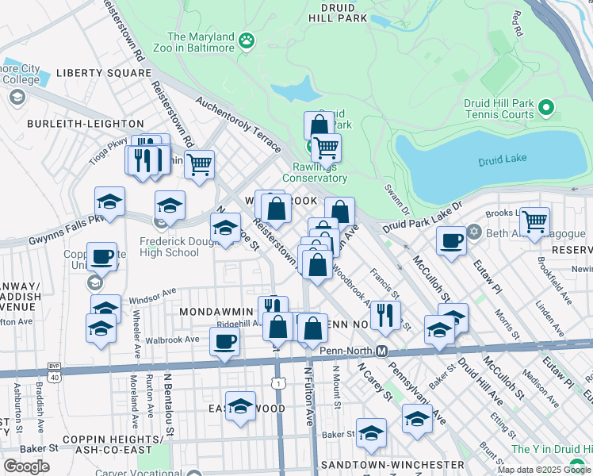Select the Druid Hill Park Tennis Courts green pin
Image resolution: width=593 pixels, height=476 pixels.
point(545,106)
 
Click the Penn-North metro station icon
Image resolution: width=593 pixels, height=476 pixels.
point(381,351)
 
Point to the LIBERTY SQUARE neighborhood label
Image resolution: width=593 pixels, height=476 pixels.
point(87,74)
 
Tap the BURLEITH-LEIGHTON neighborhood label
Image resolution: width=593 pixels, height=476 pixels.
point(86,124)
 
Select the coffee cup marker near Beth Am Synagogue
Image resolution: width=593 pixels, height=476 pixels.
point(451,240)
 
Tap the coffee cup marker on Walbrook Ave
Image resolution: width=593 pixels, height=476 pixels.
point(224,342)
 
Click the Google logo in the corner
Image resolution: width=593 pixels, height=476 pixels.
point(26,466)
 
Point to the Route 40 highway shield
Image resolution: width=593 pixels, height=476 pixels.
point(54,377)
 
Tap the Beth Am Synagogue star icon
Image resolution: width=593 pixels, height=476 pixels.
point(475,232)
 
